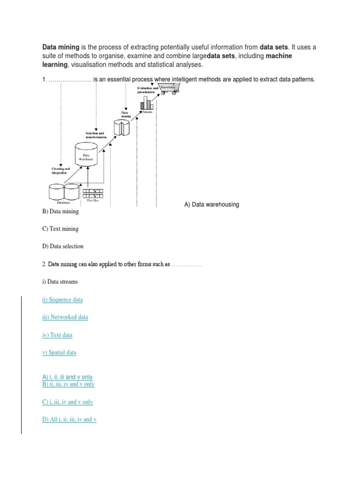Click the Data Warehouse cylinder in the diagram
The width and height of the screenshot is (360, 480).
click(86, 157)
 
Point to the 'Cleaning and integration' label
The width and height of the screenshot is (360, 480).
click(60, 171)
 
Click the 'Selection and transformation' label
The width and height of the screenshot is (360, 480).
click(96, 135)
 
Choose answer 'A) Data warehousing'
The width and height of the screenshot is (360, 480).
click(211, 204)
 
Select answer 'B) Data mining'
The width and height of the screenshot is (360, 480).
click(60, 211)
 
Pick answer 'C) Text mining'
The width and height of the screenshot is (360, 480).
click(60, 229)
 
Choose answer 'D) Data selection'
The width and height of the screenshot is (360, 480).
click(63, 246)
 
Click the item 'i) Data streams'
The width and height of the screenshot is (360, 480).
click(60, 282)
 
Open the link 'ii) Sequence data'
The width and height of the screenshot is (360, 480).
click(62, 300)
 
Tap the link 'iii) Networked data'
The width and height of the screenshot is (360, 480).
click(65, 317)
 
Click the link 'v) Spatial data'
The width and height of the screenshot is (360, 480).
click(59, 352)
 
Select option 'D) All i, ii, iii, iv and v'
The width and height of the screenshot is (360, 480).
click(69, 419)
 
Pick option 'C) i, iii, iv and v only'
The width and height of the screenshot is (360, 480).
click(67, 402)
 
